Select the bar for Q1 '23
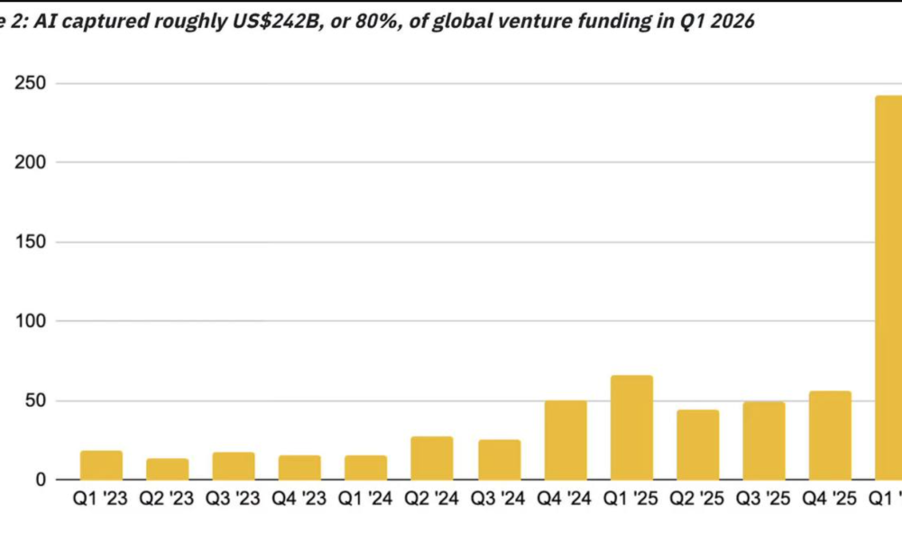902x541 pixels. (101, 465)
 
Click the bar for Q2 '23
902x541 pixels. (168, 469)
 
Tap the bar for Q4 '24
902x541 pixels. (566, 440)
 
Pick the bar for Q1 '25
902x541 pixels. (631, 427)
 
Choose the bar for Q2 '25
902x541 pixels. (697, 445)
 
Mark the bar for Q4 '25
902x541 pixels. (830, 436)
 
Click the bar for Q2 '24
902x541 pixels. (432, 458)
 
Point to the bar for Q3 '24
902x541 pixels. (499, 460)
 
